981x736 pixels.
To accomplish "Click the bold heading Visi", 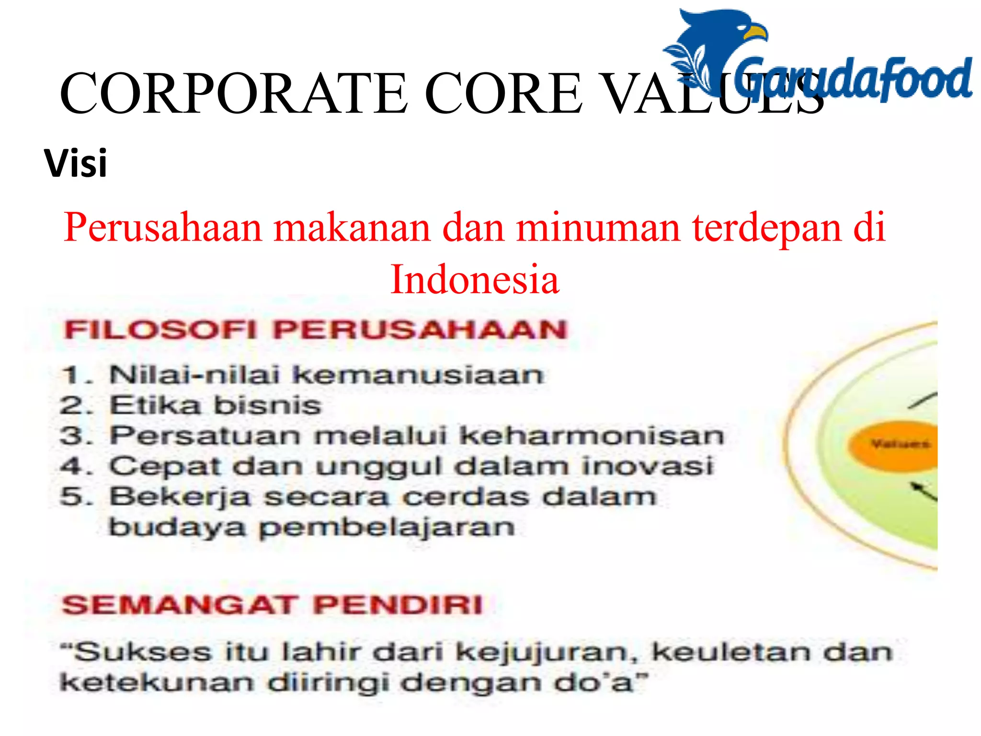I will click(76, 163).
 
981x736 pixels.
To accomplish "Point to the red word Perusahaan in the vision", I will click(163, 228).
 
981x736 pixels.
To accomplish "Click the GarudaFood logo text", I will click(853, 79).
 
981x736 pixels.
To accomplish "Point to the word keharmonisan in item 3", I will click(591, 436).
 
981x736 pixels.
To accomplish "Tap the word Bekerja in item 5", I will click(180, 497).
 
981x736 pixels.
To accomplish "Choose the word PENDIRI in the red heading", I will click(398, 605).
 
